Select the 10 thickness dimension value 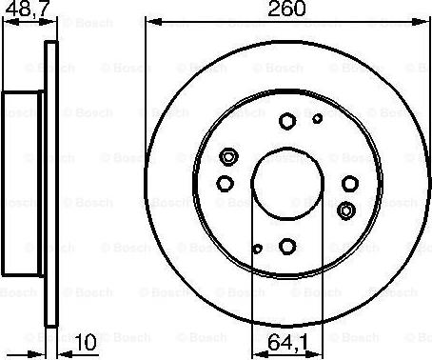(87, 340)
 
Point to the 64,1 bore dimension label (286, 340)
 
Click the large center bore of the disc (286, 183)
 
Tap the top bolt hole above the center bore (286, 120)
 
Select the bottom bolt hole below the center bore (286, 247)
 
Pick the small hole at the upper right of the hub (317, 119)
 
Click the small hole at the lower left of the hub (257, 249)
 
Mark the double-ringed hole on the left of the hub (226, 156)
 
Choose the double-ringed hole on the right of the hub (346, 210)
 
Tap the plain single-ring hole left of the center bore (224, 184)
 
